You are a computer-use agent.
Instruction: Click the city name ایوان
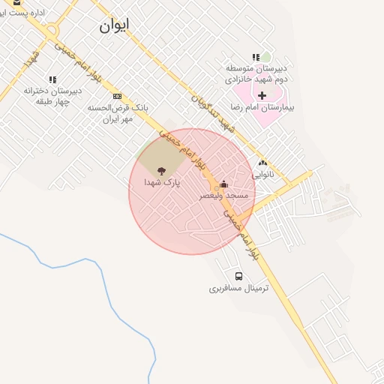point(113,25)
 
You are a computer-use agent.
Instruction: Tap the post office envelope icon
point(16,2)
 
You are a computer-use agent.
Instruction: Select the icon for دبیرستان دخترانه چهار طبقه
point(52,79)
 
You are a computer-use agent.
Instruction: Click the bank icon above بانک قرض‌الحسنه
point(117,96)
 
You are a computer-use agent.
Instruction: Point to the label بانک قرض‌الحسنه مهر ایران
point(114,113)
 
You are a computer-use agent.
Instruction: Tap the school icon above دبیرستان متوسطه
point(256,57)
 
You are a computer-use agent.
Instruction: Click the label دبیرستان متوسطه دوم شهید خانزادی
point(258,73)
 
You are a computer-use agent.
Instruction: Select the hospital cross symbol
point(262,95)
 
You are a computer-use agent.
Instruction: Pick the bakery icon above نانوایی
point(262,162)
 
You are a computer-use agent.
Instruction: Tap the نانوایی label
point(262,173)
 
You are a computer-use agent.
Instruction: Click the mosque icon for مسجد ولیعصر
point(223,184)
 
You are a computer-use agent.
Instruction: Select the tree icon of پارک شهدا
point(159,172)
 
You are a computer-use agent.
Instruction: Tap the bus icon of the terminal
point(238,276)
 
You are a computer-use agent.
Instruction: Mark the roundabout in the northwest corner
point(52,31)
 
